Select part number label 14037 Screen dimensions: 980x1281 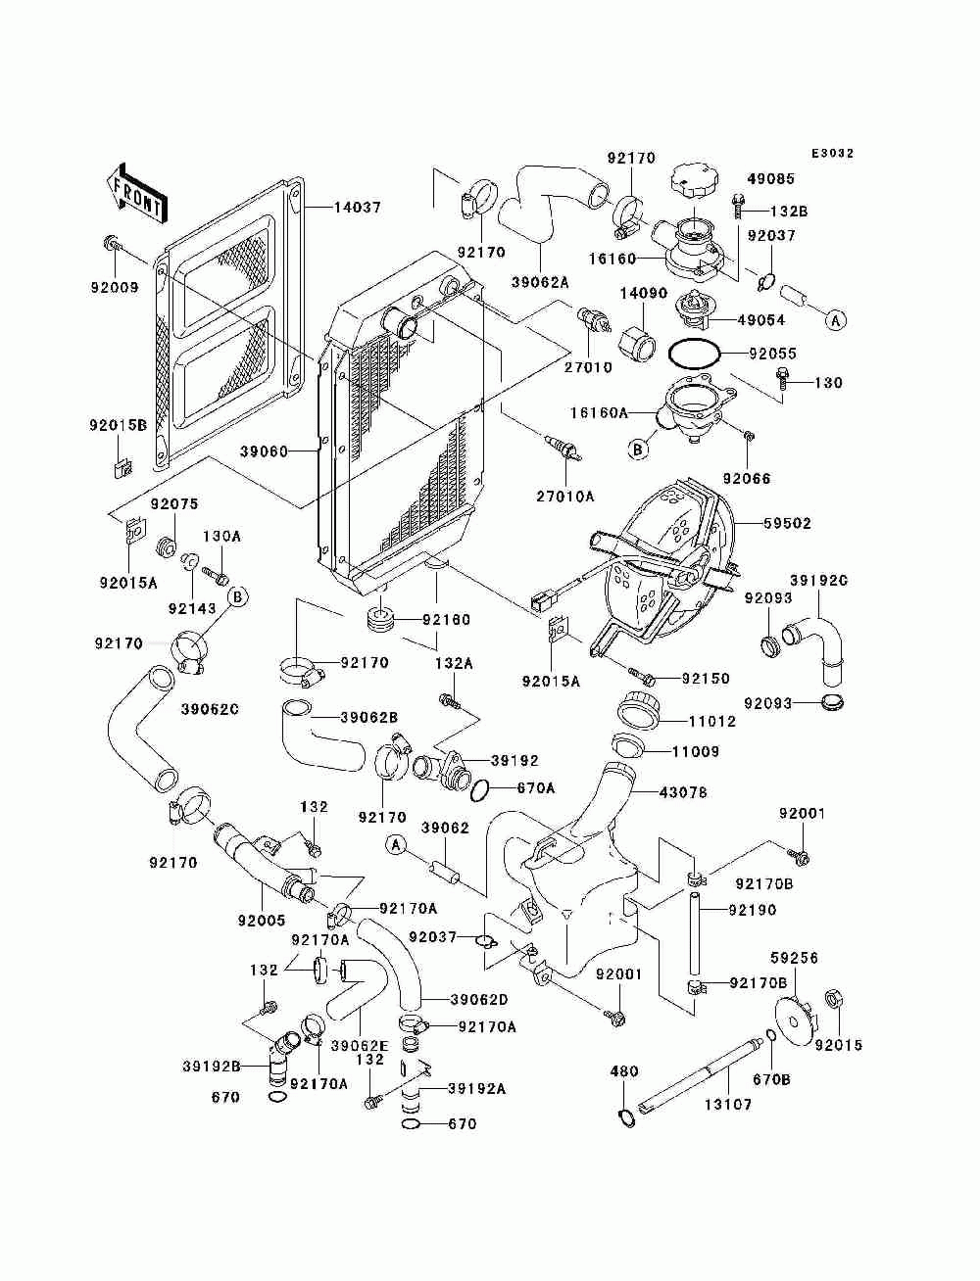(357, 208)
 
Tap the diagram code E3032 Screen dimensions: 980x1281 (832, 154)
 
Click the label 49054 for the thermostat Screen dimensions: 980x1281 (761, 320)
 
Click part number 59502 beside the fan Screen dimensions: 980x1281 (787, 523)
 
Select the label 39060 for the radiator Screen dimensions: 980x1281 (264, 451)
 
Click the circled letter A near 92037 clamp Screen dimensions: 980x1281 (836, 320)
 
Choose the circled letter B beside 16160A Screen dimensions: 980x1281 (638, 450)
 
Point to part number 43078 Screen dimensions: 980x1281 (683, 792)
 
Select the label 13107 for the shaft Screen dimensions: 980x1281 (728, 1104)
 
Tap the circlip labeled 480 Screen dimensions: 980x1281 (626, 1117)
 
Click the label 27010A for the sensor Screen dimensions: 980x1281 (564, 497)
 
